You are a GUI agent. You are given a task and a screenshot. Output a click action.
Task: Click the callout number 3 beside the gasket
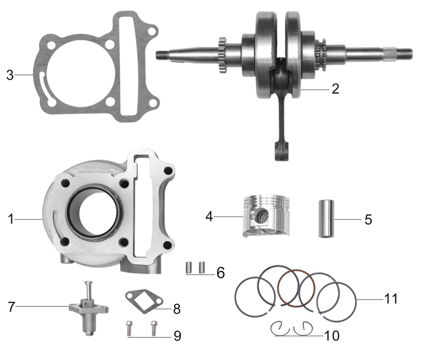[10, 76]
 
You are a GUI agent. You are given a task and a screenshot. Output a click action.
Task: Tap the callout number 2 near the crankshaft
[335, 89]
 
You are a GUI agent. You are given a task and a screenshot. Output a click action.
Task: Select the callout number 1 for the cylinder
[11, 219]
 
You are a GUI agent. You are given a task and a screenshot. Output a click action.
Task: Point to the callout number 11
[390, 298]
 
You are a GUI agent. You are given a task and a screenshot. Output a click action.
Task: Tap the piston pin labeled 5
[326, 219]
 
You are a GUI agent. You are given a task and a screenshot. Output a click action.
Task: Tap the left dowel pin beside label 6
[190, 267]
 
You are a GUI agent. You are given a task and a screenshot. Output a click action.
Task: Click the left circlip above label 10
[280, 329]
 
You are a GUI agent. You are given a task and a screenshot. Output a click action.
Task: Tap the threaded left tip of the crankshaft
[162, 54]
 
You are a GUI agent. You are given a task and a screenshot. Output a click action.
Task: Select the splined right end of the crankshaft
[403, 52]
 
